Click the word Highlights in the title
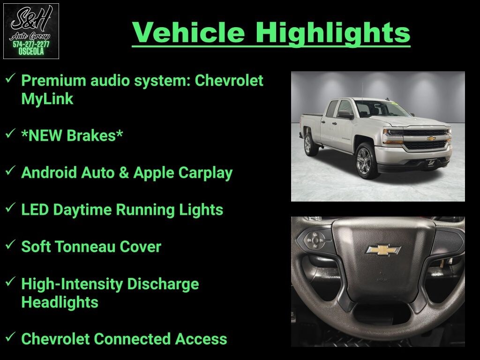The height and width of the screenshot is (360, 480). [x=333, y=33]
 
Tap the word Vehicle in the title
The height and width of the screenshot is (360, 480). [x=188, y=32]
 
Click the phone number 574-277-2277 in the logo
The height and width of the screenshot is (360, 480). [x=31, y=45]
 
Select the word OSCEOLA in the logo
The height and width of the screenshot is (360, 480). [x=31, y=52]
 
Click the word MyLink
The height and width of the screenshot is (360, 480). [x=47, y=99]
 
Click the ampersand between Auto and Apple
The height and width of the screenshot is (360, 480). [x=123, y=172]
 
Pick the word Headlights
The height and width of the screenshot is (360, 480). [x=60, y=302]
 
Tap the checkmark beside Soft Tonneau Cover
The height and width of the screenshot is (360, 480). [x=10, y=244]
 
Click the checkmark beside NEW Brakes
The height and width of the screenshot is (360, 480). [x=10, y=133]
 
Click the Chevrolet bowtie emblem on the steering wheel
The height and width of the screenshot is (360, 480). [x=383, y=250]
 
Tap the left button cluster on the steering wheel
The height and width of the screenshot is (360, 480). [x=315, y=239]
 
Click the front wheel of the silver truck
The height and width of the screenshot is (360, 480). [x=365, y=161]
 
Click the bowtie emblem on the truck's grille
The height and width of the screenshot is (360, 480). [x=431, y=139]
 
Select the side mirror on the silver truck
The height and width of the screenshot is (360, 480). [x=345, y=115]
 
